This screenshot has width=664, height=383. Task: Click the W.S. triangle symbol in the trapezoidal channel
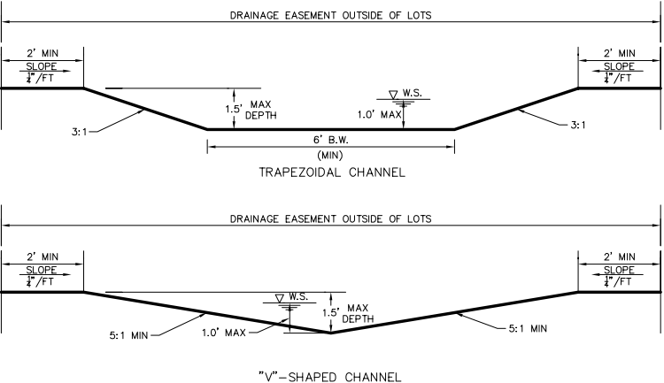pos(394,94)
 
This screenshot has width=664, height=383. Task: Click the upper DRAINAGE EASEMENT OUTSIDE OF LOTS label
pos(330,16)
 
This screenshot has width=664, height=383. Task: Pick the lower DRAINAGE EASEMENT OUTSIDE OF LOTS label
pos(330,218)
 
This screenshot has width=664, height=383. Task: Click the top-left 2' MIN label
pos(42,53)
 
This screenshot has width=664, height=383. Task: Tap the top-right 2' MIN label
pos(619,53)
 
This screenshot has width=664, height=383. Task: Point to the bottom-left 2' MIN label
pos(42,256)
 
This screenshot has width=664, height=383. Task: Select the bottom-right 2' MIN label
pos(619,256)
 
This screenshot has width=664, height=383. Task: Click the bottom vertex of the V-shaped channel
pos(330,333)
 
